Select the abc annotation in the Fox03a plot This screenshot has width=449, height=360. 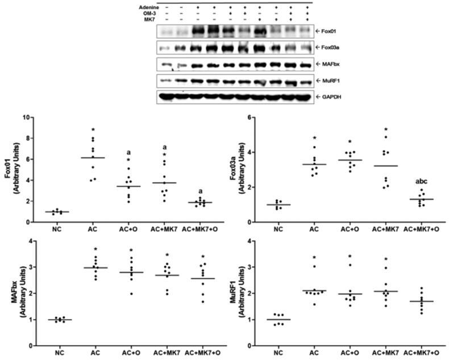(421, 182)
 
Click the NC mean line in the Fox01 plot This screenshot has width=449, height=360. (56, 212)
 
